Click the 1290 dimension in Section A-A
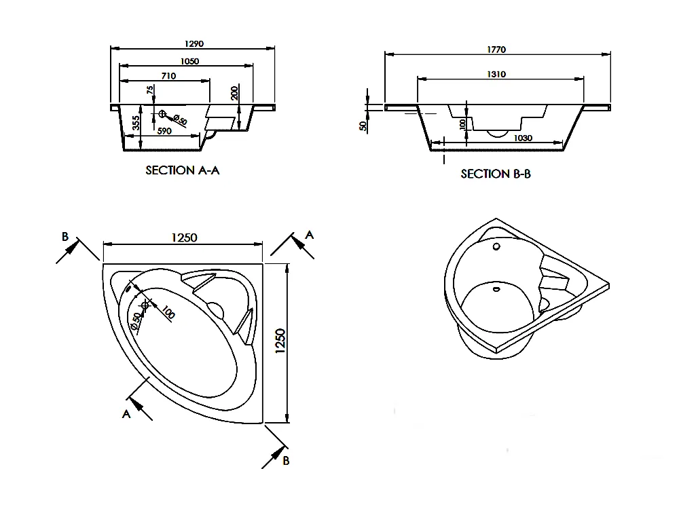(x=194, y=43)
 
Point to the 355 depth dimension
(x=136, y=124)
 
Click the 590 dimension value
(x=164, y=131)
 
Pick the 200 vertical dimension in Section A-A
(x=234, y=93)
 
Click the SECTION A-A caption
(x=183, y=170)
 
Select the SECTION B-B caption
(x=496, y=174)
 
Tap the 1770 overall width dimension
(x=496, y=50)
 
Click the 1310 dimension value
(x=496, y=75)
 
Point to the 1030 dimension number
(x=522, y=138)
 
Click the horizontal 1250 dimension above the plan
(x=183, y=238)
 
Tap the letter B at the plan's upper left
(x=65, y=236)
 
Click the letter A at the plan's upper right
(x=310, y=234)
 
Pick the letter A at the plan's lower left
(x=126, y=413)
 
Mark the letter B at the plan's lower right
(x=287, y=461)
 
